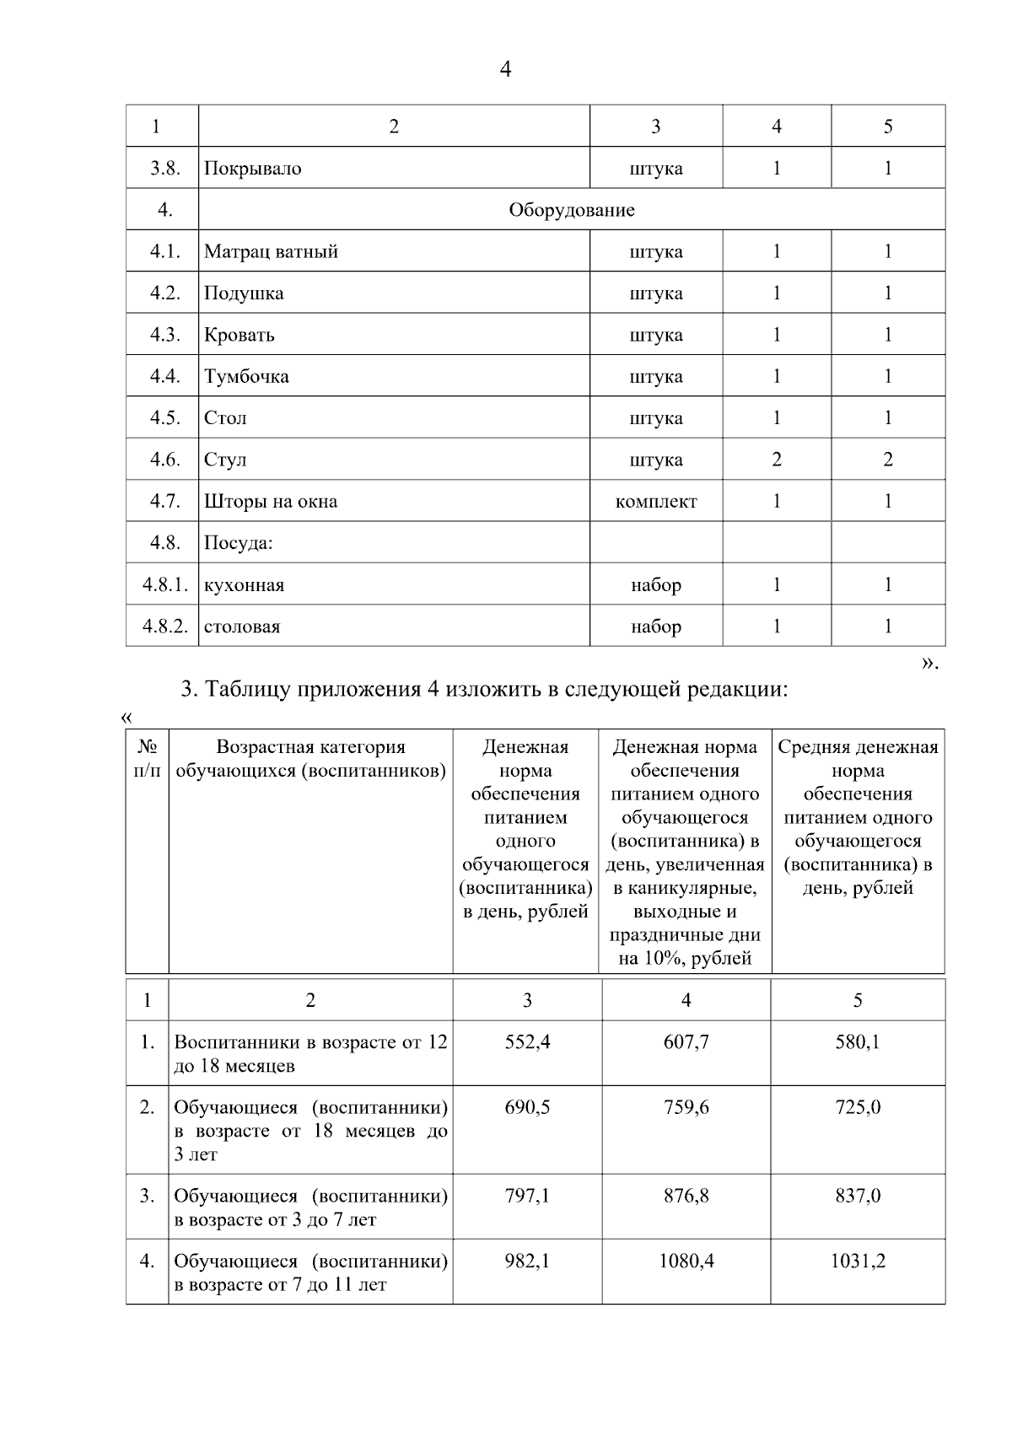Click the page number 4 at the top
(x=505, y=69)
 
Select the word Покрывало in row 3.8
(x=252, y=169)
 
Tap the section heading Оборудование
(x=571, y=210)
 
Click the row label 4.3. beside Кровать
(x=164, y=335)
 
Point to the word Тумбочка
(x=246, y=377)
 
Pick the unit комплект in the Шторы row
(x=655, y=502)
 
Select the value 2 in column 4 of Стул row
(x=776, y=460)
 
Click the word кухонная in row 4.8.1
(x=244, y=585)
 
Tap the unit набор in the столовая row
(x=655, y=627)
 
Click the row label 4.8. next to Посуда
(x=164, y=543)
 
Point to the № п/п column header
(x=147, y=759)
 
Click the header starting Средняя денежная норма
(x=858, y=817)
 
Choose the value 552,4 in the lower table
(x=527, y=1042)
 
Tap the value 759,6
(x=686, y=1107)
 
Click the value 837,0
(x=858, y=1196)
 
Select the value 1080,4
(x=686, y=1262)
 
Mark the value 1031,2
(x=858, y=1262)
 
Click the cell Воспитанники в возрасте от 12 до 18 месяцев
(x=310, y=1054)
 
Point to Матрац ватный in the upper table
(x=271, y=252)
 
